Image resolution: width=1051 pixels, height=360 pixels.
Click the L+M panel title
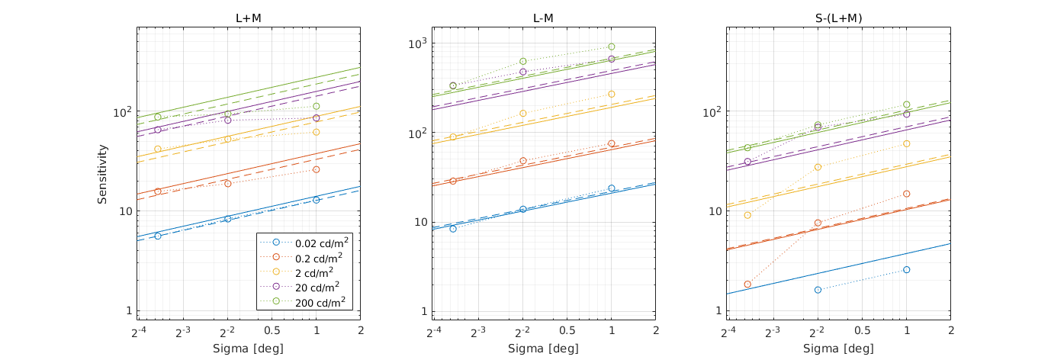(249, 17)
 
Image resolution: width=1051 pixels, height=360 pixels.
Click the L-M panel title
(544, 17)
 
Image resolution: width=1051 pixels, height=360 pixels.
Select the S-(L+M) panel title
(839, 17)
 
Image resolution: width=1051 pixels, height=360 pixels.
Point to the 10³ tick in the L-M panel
(418, 43)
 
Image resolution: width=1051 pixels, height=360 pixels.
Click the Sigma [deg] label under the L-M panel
(544, 349)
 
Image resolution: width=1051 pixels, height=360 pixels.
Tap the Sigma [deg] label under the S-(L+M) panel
(839, 349)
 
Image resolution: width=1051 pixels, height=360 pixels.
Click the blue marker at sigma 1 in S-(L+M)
(906, 269)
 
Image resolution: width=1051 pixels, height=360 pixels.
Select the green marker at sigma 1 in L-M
(611, 47)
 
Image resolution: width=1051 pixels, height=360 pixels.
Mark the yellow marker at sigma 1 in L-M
(611, 94)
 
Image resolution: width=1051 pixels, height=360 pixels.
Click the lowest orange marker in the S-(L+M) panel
(747, 284)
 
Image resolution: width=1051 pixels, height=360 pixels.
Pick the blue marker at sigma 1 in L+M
(316, 200)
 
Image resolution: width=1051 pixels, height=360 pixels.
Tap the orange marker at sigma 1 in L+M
(316, 169)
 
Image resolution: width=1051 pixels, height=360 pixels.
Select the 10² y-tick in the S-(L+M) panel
(711, 112)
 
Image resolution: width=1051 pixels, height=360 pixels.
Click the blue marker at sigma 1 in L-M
(611, 188)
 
